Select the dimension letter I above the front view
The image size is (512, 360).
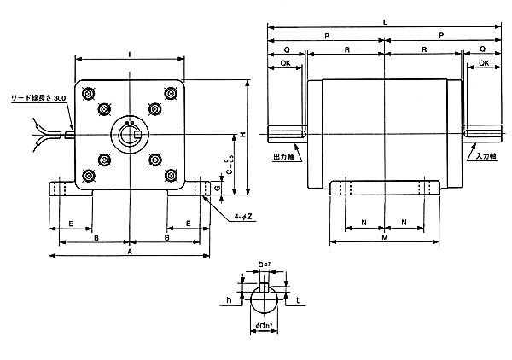point(129,54)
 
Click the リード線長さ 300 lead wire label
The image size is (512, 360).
point(37,98)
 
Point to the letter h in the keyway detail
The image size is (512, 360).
point(229,299)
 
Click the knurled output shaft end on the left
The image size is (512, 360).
point(286,134)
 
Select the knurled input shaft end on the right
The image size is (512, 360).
point(483,134)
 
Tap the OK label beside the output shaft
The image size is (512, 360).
point(286,63)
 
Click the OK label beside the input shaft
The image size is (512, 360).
point(484,63)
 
